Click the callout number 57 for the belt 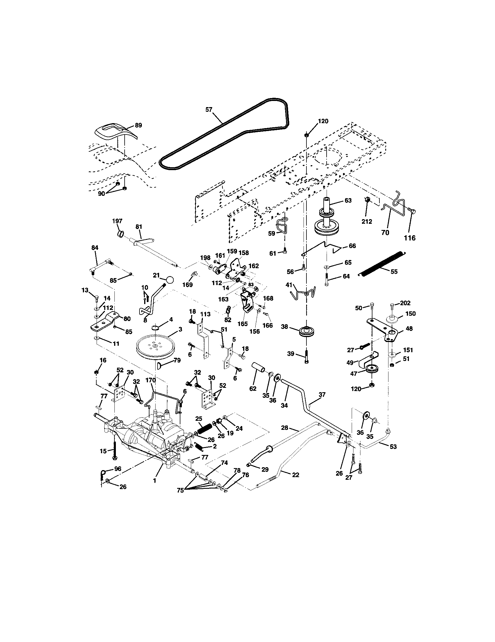point(208,110)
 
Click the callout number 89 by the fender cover point(138,125)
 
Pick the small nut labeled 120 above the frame point(306,135)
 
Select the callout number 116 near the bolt point(410,238)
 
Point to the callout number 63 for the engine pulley point(348,201)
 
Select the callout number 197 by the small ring point(117,221)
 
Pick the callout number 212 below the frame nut point(367,221)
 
